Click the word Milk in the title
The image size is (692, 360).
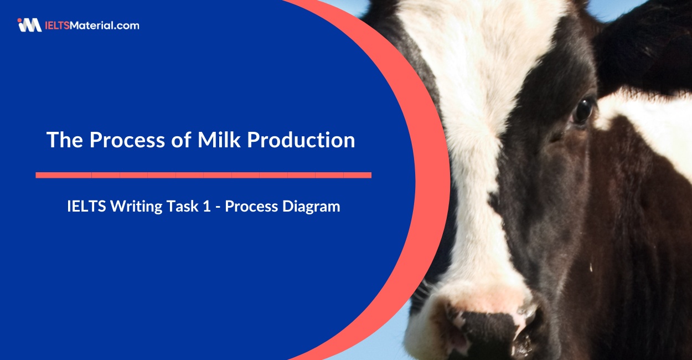tap(219, 140)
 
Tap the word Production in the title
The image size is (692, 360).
tap(301, 140)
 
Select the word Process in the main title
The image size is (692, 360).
tap(127, 140)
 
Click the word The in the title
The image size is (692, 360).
tap(65, 140)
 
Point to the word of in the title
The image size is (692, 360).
tap(182, 140)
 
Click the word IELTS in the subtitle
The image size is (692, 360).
tap(86, 206)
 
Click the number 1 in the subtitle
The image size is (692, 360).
tap(206, 206)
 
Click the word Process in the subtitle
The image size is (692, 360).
tap(251, 206)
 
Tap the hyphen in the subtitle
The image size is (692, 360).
tap(218, 207)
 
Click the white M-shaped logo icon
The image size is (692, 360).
tap(30, 25)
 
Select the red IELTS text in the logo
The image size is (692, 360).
tap(58, 25)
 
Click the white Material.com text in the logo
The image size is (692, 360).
tap(105, 25)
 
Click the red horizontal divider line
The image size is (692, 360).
tap(204, 175)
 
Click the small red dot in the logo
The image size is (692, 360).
tap(20, 20)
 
